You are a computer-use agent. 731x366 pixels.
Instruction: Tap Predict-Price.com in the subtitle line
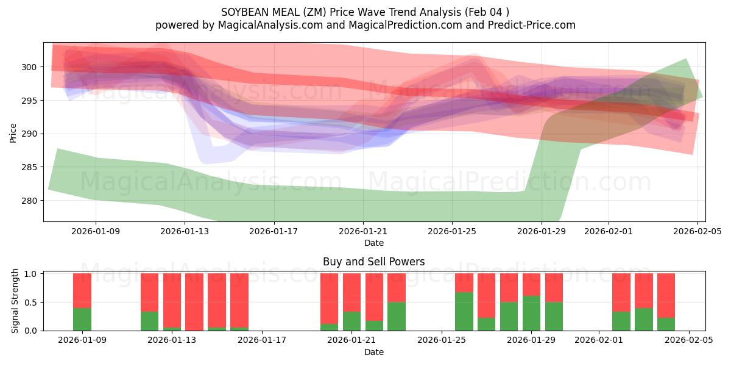point(537,25)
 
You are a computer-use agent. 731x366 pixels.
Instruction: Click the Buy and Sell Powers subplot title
point(374,262)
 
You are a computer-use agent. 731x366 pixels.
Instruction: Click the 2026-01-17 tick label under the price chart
point(274,232)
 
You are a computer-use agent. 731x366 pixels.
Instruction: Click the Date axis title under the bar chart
point(374,352)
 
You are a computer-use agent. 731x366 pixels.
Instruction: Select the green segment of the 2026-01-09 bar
point(82,319)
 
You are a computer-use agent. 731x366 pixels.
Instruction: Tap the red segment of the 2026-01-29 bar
point(531,284)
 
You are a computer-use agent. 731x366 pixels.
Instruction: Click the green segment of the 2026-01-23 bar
point(397,316)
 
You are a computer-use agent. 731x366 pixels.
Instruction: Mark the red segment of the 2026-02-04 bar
point(666,295)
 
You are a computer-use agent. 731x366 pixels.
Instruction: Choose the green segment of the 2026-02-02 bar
point(621,321)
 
